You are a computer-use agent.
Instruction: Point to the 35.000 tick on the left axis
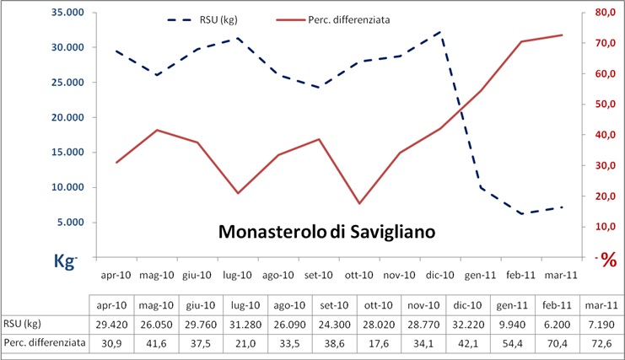pos(64,13)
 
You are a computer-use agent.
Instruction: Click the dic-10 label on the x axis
pos(439,275)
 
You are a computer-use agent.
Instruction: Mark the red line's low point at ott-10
pos(359,203)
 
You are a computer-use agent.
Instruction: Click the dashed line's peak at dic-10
pos(439,32)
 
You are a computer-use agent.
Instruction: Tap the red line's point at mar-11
pos(562,35)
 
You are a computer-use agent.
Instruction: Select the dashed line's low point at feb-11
pos(521,214)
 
